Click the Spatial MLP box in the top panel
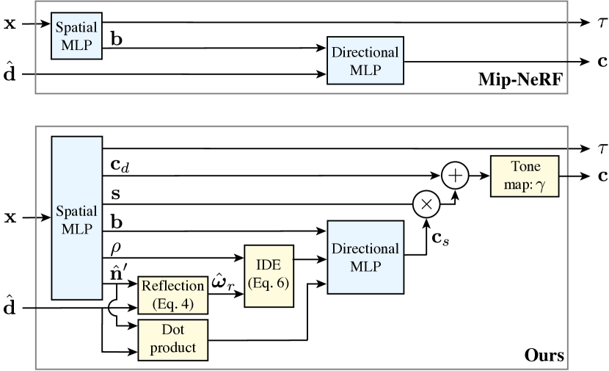[x=77, y=36]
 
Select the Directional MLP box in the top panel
[x=365, y=62]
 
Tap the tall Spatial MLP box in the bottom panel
[x=77, y=218]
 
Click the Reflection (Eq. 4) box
[x=173, y=295]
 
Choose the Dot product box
[x=173, y=339]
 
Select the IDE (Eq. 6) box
[x=269, y=276]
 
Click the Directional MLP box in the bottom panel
[x=365, y=257]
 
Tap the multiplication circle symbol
[x=426, y=205]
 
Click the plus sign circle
[x=456, y=176]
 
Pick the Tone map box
[x=525, y=176]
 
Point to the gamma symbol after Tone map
[x=541, y=187]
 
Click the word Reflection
[x=173, y=287]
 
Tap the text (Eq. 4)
[x=173, y=303]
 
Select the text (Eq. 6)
[x=269, y=284]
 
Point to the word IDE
[x=269, y=267]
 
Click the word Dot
[x=173, y=331]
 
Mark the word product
[x=173, y=348]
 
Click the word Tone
[x=525, y=167]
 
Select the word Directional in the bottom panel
[x=365, y=249]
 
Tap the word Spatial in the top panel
[x=77, y=28]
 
